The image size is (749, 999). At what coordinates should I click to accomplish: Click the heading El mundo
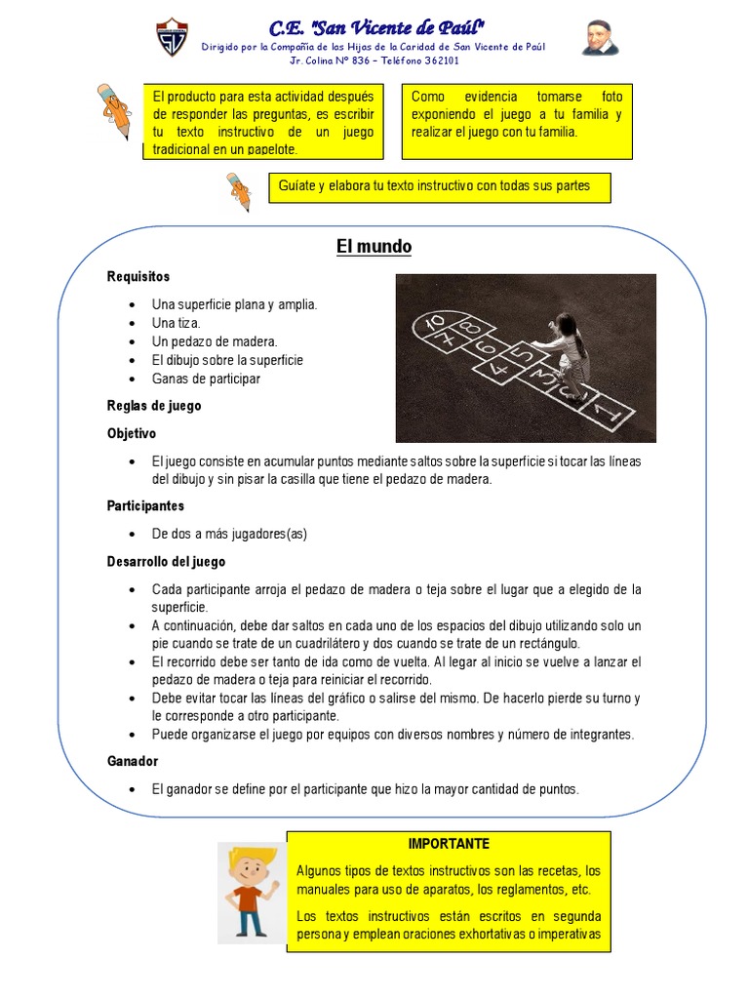click(374, 248)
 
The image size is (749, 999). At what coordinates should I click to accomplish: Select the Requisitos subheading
click(138, 277)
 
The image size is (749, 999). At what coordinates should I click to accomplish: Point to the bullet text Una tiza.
click(176, 323)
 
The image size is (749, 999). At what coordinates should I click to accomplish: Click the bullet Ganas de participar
click(206, 379)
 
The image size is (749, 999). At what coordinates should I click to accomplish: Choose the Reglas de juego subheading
click(154, 406)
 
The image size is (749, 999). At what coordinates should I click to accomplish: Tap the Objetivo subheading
click(132, 433)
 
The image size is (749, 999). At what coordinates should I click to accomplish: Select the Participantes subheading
click(145, 506)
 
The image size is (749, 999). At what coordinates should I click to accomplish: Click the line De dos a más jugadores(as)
click(229, 534)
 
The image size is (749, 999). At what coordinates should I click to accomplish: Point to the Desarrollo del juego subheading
click(166, 562)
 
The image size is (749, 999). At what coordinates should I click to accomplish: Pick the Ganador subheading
click(133, 761)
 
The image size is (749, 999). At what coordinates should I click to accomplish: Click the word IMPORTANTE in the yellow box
click(449, 843)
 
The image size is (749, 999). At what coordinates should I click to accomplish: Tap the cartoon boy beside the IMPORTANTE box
click(252, 889)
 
